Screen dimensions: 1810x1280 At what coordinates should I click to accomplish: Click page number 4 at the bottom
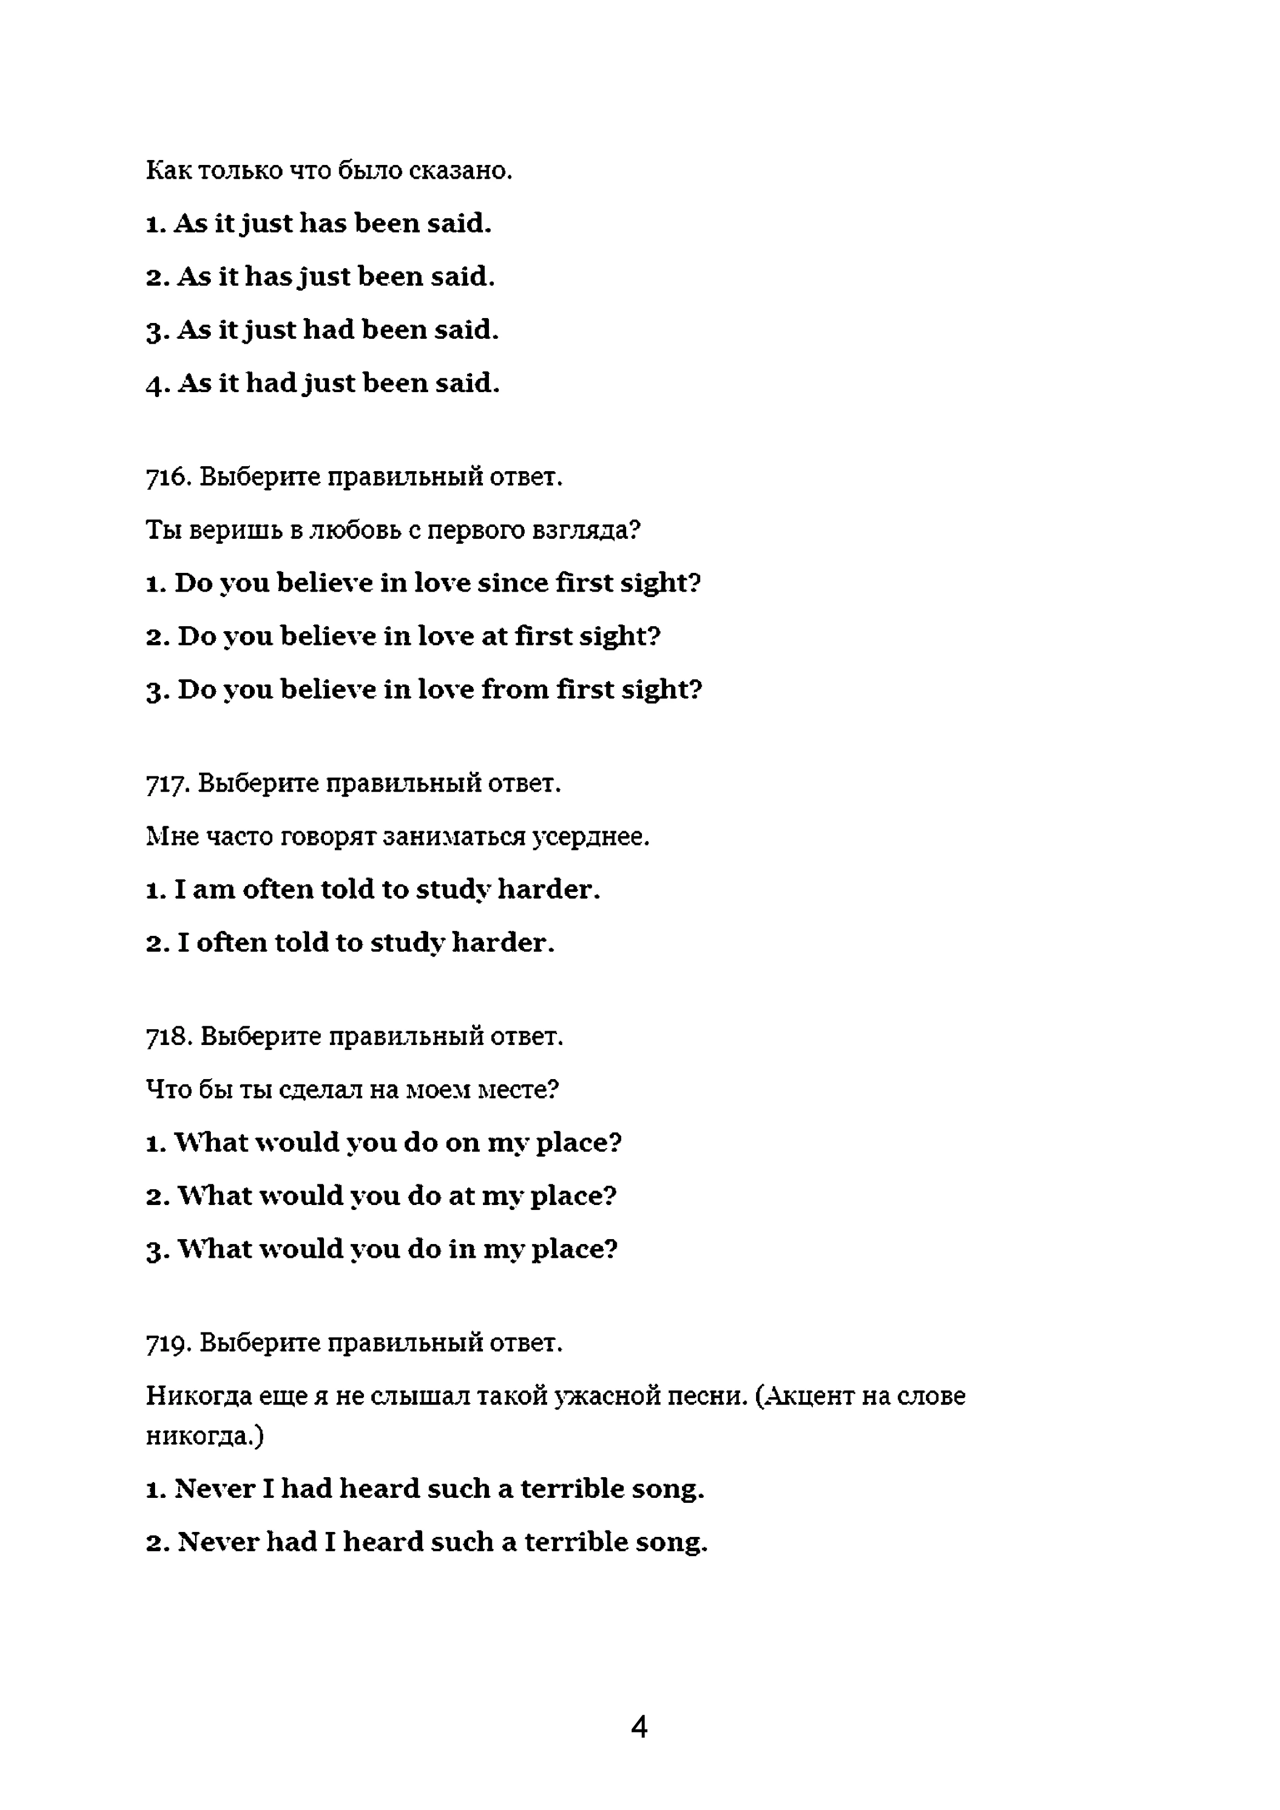click(639, 1727)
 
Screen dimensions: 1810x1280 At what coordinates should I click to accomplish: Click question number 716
click(166, 477)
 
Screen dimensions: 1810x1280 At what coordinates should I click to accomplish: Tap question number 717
click(166, 784)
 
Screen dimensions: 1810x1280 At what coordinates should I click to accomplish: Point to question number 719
click(166, 1342)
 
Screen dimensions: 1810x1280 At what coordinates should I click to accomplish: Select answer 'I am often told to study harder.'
click(373, 890)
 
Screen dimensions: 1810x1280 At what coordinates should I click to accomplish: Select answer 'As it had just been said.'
click(323, 383)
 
